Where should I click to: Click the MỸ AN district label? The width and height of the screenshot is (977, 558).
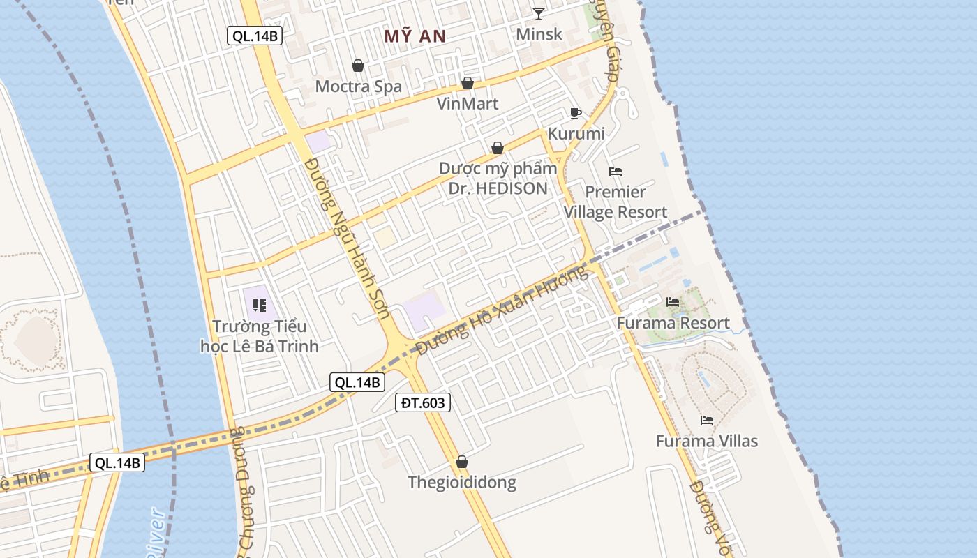click(x=415, y=36)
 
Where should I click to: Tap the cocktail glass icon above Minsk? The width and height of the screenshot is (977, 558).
click(x=539, y=13)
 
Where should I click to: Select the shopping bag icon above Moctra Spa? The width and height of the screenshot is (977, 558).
click(x=358, y=66)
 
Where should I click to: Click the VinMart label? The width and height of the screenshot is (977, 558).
click(x=468, y=104)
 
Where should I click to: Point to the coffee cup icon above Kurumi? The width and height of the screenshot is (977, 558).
click(x=575, y=113)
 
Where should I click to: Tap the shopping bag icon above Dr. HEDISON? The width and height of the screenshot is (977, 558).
click(x=498, y=148)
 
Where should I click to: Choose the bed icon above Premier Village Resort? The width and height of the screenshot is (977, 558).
click(x=615, y=172)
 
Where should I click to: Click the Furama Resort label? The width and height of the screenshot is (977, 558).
click(x=673, y=323)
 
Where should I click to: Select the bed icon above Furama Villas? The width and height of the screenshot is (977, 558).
click(x=707, y=421)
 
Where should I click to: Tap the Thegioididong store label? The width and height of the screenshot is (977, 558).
click(x=462, y=483)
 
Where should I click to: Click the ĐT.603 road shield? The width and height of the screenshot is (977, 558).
click(x=423, y=402)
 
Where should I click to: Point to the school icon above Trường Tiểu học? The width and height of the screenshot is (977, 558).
click(x=260, y=305)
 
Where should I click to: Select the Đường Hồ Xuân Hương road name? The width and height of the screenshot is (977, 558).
click(x=501, y=310)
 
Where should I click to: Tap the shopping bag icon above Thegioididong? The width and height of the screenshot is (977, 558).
click(x=462, y=462)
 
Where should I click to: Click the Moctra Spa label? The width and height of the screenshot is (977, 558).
click(x=359, y=86)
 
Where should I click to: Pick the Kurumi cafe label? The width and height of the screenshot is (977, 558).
click(x=576, y=133)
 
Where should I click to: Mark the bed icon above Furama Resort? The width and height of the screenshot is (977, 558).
click(x=673, y=302)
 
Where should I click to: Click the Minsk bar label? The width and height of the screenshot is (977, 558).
click(x=539, y=33)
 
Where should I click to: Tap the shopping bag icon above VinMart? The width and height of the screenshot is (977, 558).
click(x=468, y=84)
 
